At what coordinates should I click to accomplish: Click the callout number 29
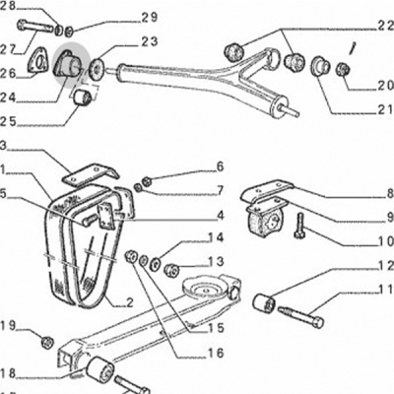click(x=150, y=17)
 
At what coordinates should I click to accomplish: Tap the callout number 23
click(x=150, y=42)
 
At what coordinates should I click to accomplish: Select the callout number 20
click(x=385, y=86)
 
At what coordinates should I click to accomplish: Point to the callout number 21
click(x=386, y=109)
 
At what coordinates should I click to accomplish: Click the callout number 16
click(x=216, y=353)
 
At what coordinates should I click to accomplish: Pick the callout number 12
click(x=386, y=266)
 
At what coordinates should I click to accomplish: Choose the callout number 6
click(x=220, y=166)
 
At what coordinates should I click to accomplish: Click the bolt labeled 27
click(x=35, y=27)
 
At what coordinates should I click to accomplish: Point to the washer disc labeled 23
click(x=98, y=68)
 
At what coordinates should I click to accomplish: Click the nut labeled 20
click(x=343, y=69)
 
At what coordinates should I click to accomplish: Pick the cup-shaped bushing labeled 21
click(x=320, y=66)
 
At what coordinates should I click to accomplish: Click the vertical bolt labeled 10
click(x=300, y=226)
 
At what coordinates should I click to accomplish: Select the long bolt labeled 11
click(x=300, y=316)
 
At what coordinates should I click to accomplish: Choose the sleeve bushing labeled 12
click(x=263, y=302)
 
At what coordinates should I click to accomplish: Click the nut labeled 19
click(x=47, y=342)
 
